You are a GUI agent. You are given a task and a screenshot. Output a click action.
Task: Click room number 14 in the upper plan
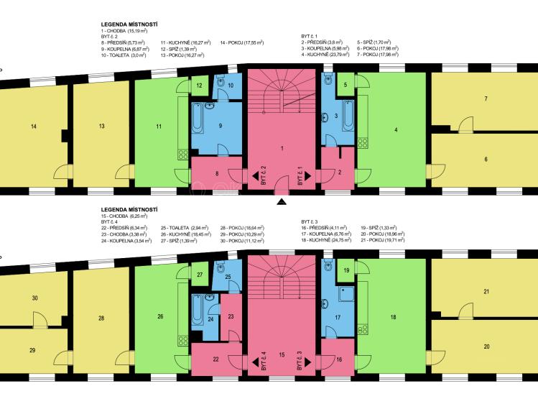click(x=33, y=127)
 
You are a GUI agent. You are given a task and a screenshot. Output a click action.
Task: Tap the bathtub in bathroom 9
click(x=198, y=119)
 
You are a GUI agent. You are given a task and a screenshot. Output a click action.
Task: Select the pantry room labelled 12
click(x=200, y=86)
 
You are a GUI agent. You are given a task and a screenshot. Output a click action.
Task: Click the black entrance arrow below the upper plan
click(x=282, y=202)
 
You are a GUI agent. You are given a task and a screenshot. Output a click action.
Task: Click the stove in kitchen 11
click(x=183, y=155)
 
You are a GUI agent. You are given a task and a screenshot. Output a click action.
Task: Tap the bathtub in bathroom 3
click(x=348, y=115)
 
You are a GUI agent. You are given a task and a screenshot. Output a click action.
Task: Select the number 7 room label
click(x=486, y=99)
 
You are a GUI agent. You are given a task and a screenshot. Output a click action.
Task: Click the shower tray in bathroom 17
click(x=346, y=294)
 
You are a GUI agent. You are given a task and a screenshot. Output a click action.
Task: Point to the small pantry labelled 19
click(x=346, y=270)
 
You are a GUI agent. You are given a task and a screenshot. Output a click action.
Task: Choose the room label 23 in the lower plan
click(x=231, y=316)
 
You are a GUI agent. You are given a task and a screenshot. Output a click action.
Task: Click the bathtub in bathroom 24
click(x=198, y=311)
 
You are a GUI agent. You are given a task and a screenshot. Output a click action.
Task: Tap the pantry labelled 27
click(x=200, y=275)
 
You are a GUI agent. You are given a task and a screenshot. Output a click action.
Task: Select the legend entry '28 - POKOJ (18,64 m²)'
click(x=242, y=228)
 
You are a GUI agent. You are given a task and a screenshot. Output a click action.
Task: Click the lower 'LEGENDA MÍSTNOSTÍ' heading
click(x=129, y=209)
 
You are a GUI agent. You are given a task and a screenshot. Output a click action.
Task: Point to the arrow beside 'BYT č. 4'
click(x=256, y=362)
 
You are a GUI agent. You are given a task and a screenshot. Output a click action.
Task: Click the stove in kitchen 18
click(x=363, y=329)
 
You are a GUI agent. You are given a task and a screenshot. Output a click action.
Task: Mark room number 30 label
click(x=34, y=298)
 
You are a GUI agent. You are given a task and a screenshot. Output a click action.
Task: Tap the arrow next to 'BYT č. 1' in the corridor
click(x=307, y=175)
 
